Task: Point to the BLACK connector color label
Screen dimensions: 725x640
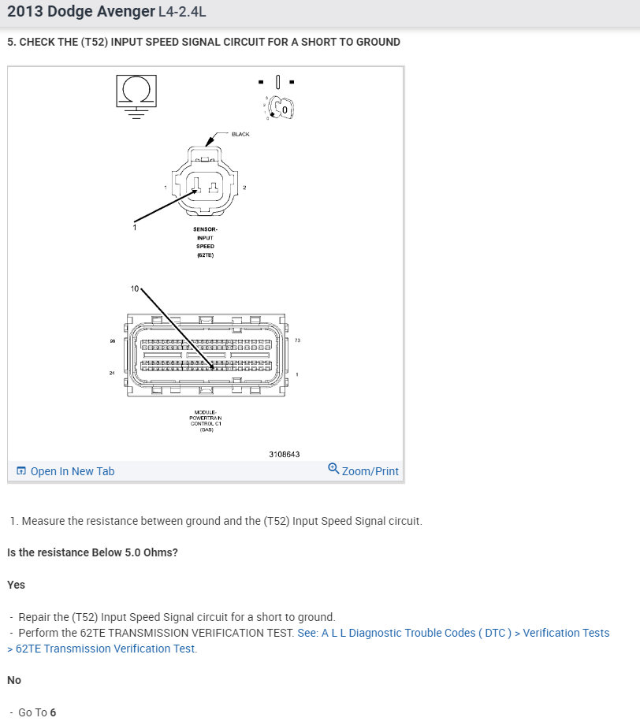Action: pos(240,134)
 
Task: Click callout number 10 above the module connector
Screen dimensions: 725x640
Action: pos(135,289)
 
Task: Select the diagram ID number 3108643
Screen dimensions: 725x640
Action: pos(285,454)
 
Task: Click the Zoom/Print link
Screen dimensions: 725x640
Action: pos(363,471)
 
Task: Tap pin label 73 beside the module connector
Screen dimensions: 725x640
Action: pos(298,340)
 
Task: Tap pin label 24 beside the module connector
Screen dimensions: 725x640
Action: pos(112,373)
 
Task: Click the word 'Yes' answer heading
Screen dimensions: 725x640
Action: pos(17,585)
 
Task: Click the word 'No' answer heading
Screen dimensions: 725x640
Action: pos(14,680)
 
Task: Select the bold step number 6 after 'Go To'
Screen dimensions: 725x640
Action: pos(53,712)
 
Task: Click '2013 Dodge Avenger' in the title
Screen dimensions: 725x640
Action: pos(81,13)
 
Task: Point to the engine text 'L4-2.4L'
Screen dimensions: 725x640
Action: pos(183,13)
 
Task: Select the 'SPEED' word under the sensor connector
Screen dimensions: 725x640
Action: pos(205,247)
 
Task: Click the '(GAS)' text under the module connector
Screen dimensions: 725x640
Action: pos(207,430)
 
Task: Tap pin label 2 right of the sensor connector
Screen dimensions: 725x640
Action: pos(245,188)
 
